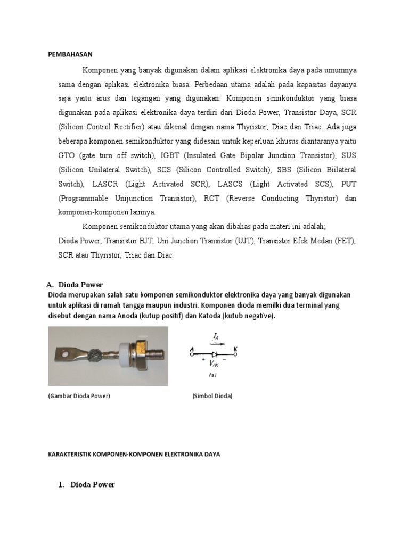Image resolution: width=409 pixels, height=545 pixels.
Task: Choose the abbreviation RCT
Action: click(x=214, y=199)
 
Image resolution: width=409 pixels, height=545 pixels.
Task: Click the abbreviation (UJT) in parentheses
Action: click(x=244, y=241)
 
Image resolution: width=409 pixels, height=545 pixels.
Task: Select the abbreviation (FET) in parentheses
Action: click(x=346, y=241)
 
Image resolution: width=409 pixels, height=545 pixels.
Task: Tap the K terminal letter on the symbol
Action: click(x=234, y=349)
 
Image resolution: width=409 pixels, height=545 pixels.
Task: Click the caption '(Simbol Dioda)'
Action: click(x=212, y=397)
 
